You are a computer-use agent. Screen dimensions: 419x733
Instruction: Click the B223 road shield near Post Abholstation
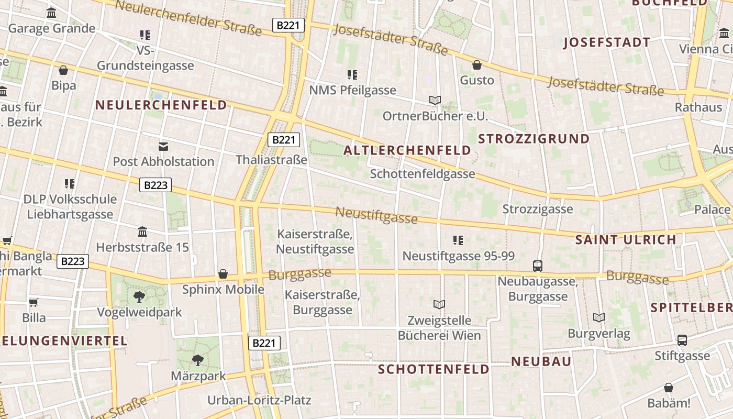156,185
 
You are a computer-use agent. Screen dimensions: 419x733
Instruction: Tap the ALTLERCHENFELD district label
407,151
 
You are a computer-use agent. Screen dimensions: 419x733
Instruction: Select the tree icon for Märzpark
197,360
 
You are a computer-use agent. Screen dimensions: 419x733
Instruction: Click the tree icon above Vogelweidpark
139,297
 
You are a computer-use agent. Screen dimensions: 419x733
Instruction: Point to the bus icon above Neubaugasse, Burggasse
538,266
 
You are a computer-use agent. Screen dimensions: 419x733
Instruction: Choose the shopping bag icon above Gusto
477,65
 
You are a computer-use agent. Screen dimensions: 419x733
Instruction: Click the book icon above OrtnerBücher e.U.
435,100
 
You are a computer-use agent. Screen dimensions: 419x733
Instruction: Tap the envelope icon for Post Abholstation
163,146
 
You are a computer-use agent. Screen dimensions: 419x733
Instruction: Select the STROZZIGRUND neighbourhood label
534,139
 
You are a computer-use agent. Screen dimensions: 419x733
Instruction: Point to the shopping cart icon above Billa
34,302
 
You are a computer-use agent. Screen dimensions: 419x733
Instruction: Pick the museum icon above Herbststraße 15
142,231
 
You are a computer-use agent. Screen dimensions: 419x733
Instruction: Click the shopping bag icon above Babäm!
669,388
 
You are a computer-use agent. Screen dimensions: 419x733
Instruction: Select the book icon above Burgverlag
599,317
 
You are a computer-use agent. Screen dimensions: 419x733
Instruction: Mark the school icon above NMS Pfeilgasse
352,75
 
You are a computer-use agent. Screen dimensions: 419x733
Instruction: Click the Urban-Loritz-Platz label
259,401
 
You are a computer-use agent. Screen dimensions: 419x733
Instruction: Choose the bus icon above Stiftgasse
682,340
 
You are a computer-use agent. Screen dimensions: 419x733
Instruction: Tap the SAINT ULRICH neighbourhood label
626,240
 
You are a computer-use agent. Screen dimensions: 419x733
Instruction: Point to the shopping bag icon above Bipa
63,70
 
